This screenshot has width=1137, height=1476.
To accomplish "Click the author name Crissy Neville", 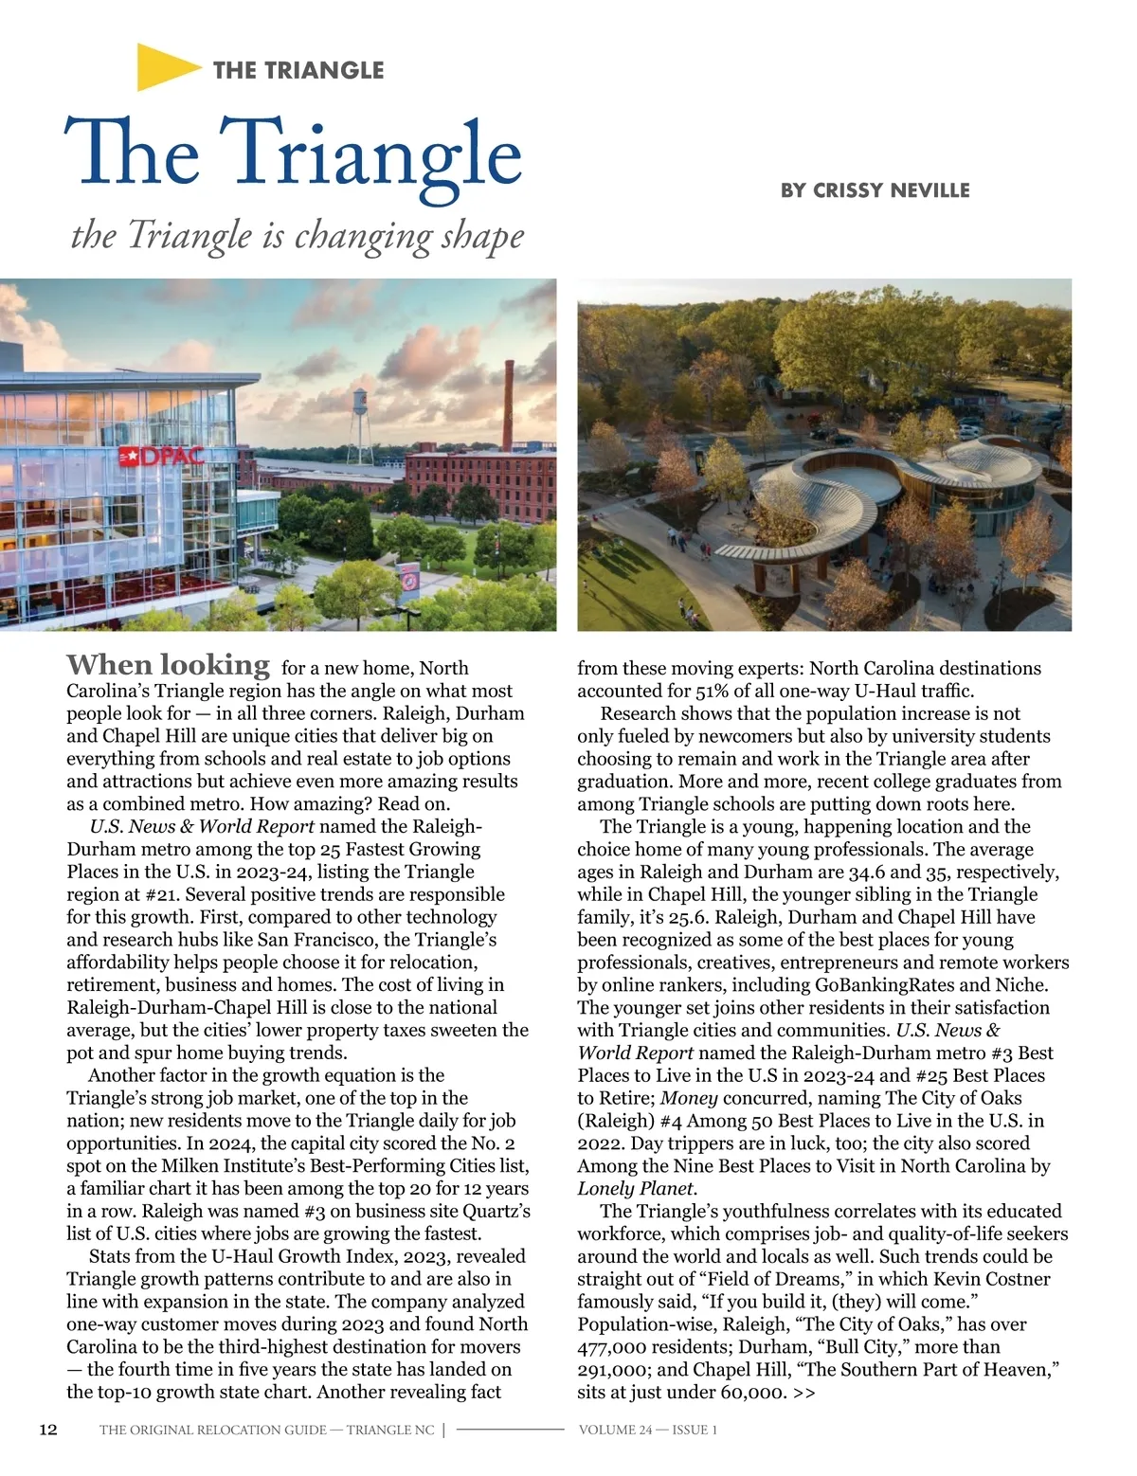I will pos(875,190).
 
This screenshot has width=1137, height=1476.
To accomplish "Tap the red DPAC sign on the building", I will pos(160,458).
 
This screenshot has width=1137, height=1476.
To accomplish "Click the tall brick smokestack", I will pos(508,405).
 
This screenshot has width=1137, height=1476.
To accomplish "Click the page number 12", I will pos(47,1430).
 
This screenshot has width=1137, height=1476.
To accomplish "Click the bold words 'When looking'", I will pos(168,665).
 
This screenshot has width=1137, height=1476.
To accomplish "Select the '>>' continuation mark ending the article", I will pos(804,1393).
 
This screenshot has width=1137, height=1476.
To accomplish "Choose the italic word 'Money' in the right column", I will pos(688,1098).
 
